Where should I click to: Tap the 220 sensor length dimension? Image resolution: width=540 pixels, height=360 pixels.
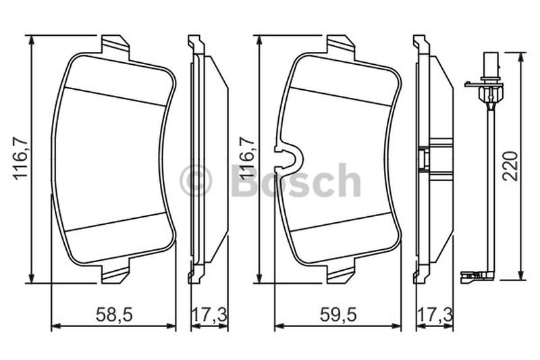pos(510,166)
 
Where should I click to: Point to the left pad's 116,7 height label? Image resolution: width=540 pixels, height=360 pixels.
pos(21,158)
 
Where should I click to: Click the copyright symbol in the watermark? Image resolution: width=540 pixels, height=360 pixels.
pos(196,180)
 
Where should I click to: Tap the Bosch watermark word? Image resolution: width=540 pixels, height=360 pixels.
pos(297,180)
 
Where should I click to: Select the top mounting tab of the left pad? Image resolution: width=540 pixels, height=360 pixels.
pos(115,45)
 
